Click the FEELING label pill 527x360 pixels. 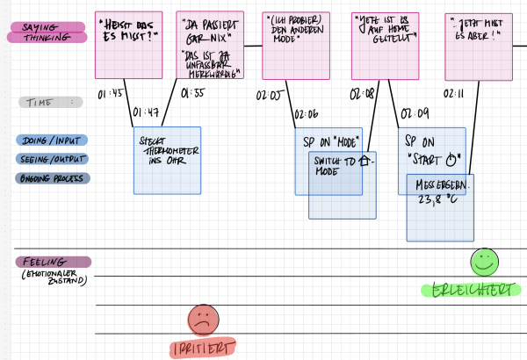coord(54,261)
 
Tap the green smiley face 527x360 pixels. coord(483,260)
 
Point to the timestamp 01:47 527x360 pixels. coord(146,112)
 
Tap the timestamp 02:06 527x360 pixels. coord(307,113)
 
